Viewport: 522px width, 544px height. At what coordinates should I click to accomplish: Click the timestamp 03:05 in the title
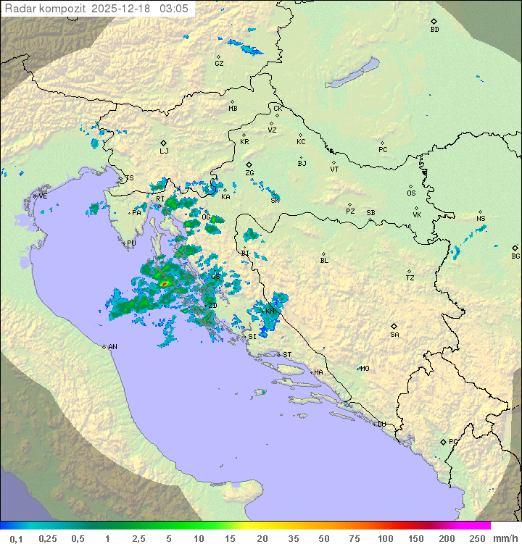(x=175, y=8)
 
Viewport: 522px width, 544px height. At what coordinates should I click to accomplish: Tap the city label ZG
(x=249, y=173)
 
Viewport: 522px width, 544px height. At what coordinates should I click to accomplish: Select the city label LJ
(x=164, y=151)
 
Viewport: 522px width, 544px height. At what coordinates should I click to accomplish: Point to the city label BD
(x=434, y=29)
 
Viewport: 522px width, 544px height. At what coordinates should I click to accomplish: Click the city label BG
(x=515, y=256)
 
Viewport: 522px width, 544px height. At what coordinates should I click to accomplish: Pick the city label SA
(x=394, y=334)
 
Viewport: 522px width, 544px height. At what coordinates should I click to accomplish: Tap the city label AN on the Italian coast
(x=112, y=347)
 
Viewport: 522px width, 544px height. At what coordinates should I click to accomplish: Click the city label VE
(x=43, y=196)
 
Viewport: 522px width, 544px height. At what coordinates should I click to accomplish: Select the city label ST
(x=287, y=355)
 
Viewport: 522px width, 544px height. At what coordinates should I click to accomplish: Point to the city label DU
(x=381, y=424)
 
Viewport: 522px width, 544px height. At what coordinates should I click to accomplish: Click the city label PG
(x=453, y=441)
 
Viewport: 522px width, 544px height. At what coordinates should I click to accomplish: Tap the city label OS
(x=411, y=193)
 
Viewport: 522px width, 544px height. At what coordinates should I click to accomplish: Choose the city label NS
(x=481, y=219)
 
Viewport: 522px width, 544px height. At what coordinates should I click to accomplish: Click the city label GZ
(x=219, y=63)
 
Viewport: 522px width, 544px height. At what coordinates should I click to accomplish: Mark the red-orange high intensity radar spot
(x=165, y=283)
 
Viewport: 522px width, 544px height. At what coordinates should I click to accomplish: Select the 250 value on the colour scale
(x=476, y=538)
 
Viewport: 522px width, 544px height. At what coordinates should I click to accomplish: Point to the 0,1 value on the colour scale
(x=17, y=538)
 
